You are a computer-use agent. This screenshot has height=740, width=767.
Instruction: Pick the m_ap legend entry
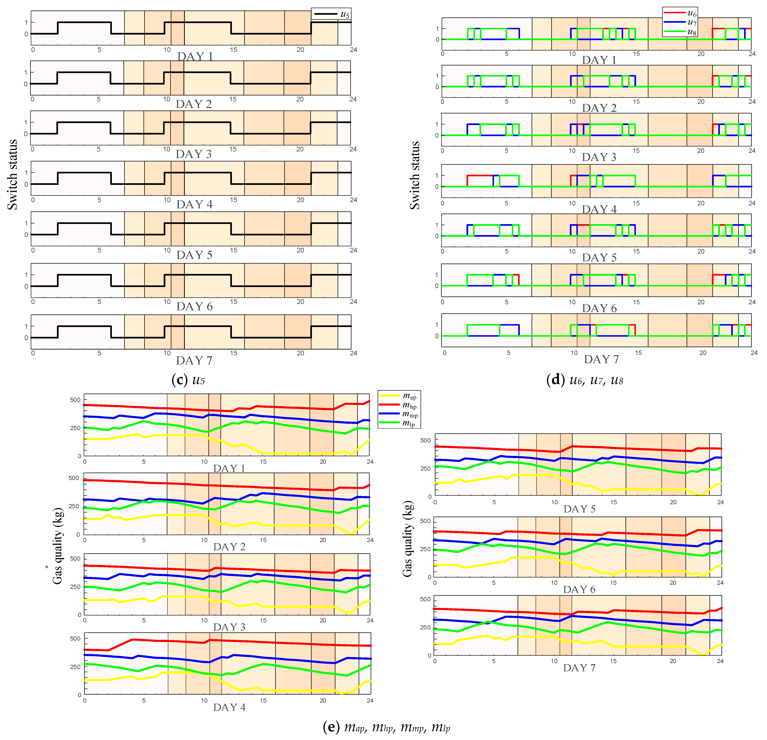[398, 396]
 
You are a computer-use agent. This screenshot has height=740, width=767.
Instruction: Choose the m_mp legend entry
[398, 414]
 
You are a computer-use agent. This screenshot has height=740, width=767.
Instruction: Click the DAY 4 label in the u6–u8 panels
[599, 209]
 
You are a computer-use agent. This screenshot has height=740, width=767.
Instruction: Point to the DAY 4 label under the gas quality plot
[229, 707]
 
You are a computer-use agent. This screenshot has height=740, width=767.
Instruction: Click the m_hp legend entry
[398, 405]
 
